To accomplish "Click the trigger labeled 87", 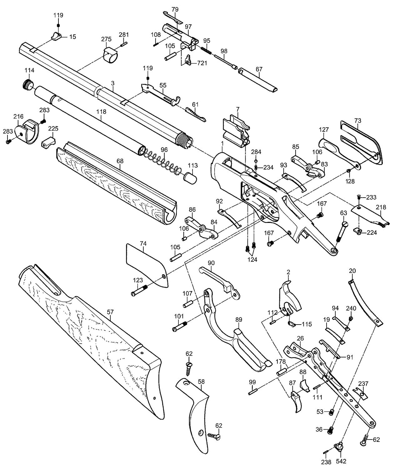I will pos(296,401).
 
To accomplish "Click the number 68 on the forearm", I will pos(120,161).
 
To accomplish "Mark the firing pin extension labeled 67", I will pos(258,81).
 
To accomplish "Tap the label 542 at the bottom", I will pos(341,461).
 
